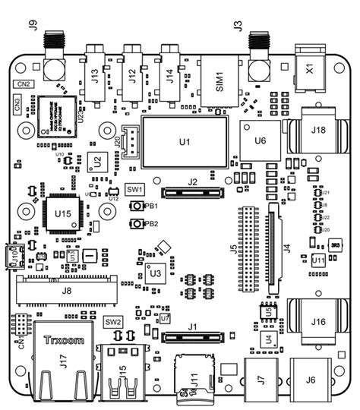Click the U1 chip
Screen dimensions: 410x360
pyautogui.click(x=184, y=142)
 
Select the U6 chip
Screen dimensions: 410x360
pyautogui.click(x=261, y=140)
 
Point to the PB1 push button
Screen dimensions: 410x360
pyautogui.click(x=137, y=207)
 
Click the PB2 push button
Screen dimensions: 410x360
pyautogui.click(x=137, y=224)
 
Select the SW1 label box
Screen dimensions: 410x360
pyautogui.click(x=134, y=189)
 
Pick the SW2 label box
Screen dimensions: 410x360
pyautogui.click(x=114, y=322)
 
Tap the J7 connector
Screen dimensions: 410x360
pyautogui.click(x=261, y=379)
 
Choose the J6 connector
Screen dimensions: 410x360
pyautogui.click(x=311, y=380)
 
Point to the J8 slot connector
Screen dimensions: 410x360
pyautogui.click(x=66, y=289)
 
